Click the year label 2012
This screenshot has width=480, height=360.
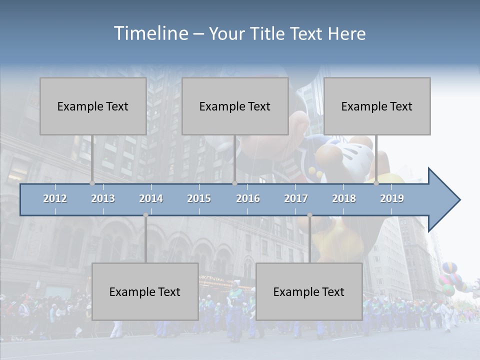[55, 198]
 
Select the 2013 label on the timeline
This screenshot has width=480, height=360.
[103, 198]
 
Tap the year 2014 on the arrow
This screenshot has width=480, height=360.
[151, 198]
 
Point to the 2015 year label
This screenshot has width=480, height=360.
[199, 198]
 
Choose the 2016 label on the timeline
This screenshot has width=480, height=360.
[248, 198]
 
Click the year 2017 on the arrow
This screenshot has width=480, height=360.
[296, 198]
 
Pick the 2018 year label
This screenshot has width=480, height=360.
[344, 198]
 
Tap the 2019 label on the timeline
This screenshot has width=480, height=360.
[392, 198]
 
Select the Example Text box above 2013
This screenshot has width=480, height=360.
[93, 106]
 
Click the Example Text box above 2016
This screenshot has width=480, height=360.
[235, 106]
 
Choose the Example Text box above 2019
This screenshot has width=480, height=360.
[377, 106]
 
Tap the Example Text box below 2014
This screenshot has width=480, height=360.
[145, 291]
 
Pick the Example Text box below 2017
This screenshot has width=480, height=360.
[309, 291]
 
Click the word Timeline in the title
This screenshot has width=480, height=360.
[150, 33]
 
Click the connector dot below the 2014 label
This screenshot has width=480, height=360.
[145, 215]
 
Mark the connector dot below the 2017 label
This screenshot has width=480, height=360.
[309, 215]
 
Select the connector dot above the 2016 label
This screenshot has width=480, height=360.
[234, 183]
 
